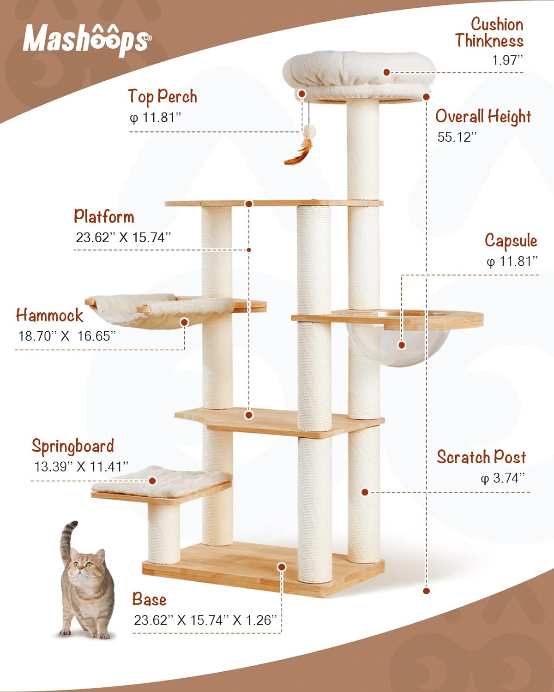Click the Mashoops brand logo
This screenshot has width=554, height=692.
coord(86,39)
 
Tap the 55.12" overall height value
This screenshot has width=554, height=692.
coord(457,137)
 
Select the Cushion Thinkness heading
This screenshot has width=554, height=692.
coord(490,32)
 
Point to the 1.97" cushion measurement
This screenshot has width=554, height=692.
coord(507,60)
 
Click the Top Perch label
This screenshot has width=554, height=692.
coord(163,96)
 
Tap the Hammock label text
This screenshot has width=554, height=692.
coord(49,316)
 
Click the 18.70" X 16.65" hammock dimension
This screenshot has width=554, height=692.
coord(67,336)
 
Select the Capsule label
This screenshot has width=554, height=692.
coord(511,240)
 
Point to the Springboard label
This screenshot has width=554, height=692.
coord(72,446)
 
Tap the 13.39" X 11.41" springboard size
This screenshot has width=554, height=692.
coord(81,466)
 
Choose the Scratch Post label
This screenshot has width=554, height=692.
coord(481,457)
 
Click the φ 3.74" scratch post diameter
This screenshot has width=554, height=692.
coord(503,477)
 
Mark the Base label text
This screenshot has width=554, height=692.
coord(149,599)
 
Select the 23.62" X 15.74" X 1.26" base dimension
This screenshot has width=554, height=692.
coord(205,620)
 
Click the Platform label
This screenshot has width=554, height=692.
coord(104,216)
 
